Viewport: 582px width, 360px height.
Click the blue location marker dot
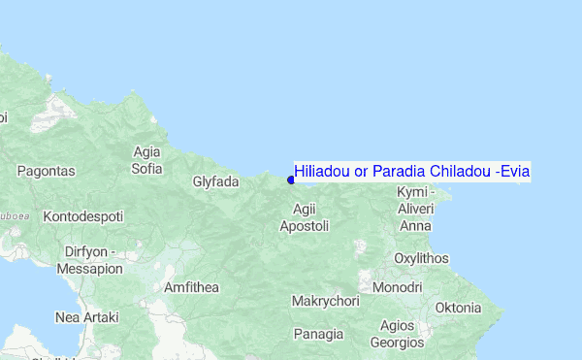tap(291, 179)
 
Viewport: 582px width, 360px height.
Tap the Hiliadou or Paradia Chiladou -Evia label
tap(412, 172)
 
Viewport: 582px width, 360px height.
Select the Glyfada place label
tap(215, 181)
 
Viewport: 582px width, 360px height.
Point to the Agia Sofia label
tap(147, 160)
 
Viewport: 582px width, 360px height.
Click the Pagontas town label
tap(46, 171)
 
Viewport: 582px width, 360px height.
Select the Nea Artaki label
tap(86, 317)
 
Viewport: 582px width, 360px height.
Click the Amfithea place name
tap(192, 288)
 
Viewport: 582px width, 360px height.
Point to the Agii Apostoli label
tap(305, 217)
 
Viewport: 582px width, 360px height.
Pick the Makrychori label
tap(325, 302)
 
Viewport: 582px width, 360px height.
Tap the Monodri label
tap(398, 288)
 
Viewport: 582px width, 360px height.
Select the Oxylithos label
tap(422, 258)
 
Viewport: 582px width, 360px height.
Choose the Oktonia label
tap(458, 308)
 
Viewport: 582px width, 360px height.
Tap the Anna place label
tap(415, 226)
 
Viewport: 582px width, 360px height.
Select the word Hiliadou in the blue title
tap(322, 172)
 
